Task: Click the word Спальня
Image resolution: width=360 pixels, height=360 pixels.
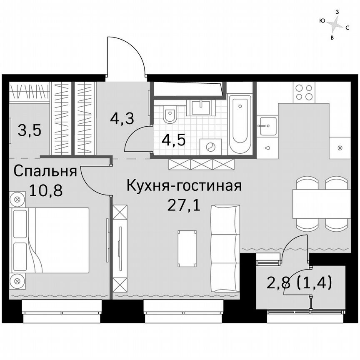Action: pos(45,171)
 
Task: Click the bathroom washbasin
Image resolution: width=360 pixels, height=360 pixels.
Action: pos(202,107)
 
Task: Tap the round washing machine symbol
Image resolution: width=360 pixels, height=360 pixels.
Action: pos(211,147)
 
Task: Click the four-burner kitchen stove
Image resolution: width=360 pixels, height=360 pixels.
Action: pos(304,92)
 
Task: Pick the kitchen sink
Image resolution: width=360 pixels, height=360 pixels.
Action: pos(267,126)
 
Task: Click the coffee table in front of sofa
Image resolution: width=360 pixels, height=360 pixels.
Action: pos(186,249)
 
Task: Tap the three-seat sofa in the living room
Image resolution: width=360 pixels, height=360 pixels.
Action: pos(225,248)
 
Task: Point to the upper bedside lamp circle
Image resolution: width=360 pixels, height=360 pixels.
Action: pos(17,199)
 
